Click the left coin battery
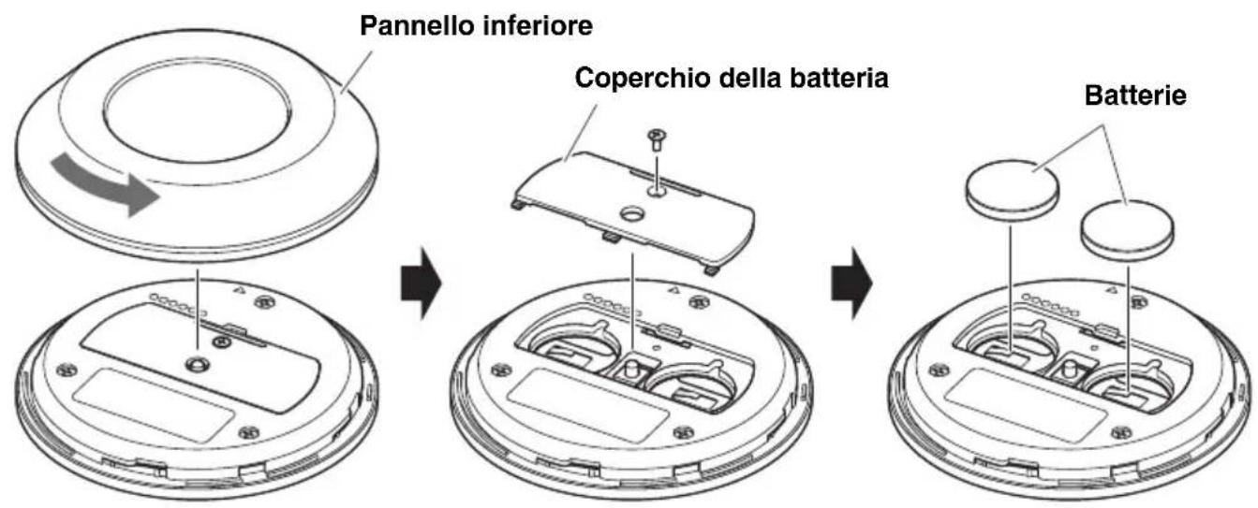tap(1012, 189)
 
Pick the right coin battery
tap(1127, 227)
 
